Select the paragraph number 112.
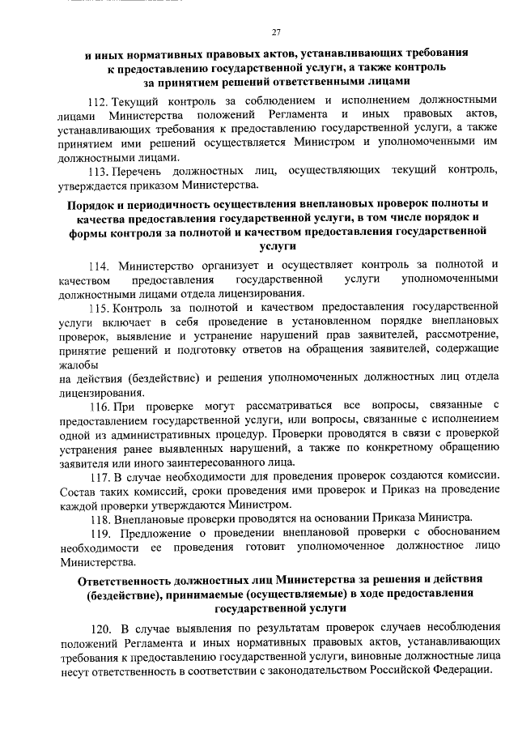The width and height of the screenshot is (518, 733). point(97,102)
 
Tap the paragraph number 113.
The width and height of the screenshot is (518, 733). point(97,172)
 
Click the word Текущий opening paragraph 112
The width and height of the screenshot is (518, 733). point(138,102)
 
